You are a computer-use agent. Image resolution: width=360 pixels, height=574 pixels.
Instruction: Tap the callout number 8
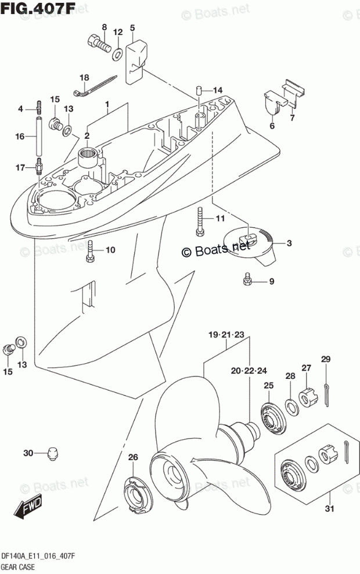(105, 27)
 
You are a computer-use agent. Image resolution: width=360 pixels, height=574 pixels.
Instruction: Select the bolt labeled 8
(99, 43)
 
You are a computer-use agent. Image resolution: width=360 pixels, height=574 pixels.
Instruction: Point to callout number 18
(85, 78)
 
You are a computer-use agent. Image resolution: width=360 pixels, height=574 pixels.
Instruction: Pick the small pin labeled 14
(198, 91)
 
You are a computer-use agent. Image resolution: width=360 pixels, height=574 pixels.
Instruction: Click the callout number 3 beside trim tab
(289, 243)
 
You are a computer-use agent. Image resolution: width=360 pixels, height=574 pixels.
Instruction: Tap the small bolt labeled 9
(247, 282)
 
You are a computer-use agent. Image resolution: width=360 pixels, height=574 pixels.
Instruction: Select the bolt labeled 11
(200, 221)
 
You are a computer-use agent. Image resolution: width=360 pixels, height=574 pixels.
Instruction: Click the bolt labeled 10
(91, 250)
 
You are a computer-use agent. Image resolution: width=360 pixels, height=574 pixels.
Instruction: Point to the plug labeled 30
(51, 452)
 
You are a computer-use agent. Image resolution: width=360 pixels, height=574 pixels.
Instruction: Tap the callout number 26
(132, 458)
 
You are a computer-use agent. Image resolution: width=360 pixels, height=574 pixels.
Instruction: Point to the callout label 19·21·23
(227, 335)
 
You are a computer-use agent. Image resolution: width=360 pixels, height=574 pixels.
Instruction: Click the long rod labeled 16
(40, 137)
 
